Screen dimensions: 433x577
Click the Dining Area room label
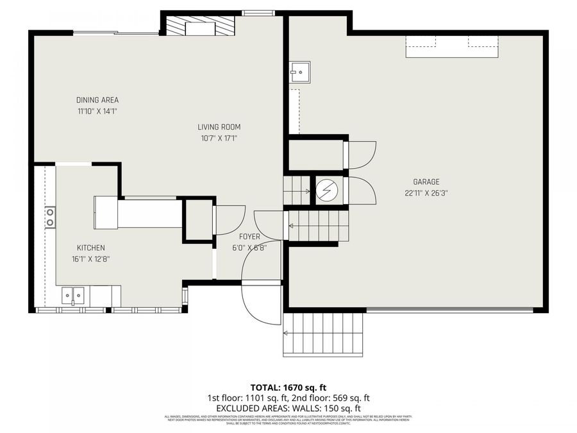click(97, 100)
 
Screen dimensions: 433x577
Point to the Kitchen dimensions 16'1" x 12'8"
click(90, 259)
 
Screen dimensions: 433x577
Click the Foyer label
click(249, 237)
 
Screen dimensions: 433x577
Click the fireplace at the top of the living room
click(200, 27)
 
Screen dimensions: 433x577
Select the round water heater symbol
click(326, 190)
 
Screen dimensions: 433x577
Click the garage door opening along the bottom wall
click(449, 310)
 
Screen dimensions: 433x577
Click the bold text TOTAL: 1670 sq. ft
click(288, 387)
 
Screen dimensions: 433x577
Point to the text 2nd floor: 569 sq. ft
click(328, 398)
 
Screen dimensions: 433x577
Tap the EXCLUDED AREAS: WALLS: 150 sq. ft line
click(288, 408)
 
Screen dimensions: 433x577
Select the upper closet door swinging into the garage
click(361, 154)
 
